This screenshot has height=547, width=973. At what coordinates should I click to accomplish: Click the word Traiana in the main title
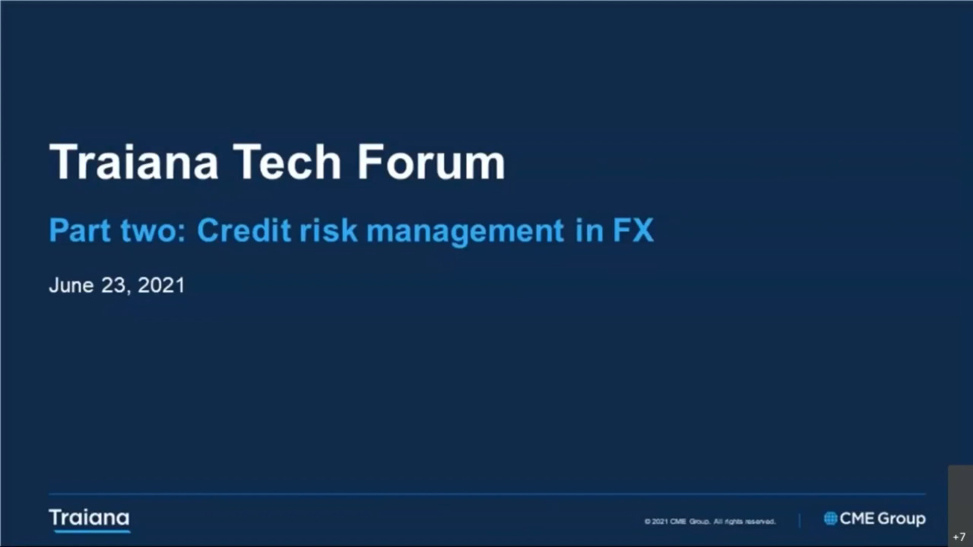(x=134, y=162)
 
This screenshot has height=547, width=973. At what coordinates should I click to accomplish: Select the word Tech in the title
(x=287, y=162)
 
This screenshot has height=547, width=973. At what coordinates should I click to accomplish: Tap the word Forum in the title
(x=431, y=162)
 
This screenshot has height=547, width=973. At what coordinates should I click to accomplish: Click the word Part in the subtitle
(x=80, y=230)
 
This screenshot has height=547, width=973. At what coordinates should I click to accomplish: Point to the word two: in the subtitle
(x=154, y=230)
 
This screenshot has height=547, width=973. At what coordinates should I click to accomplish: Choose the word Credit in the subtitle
(x=244, y=230)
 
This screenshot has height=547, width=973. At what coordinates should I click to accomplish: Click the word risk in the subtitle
(x=328, y=230)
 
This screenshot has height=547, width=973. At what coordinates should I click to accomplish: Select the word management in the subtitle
(x=465, y=232)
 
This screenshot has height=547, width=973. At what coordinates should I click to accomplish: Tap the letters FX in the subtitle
(x=633, y=230)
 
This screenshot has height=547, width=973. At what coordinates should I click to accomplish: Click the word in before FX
(x=589, y=230)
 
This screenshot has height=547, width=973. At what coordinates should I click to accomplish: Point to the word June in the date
(x=71, y=285)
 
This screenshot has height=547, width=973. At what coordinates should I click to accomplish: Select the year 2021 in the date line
(x=161, y=285)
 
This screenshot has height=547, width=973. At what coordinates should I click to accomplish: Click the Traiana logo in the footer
(x=89, y=520)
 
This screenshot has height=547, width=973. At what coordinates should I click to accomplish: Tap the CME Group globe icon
(x=831, y=518)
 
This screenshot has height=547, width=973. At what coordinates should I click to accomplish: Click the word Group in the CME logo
(x=902, y=519)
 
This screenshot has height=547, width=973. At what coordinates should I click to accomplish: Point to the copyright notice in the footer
(x=710, y=521)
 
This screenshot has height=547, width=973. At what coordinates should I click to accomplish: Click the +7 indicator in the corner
(x=959, y=537)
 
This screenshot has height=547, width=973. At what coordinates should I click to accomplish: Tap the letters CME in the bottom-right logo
(x=857, y=518)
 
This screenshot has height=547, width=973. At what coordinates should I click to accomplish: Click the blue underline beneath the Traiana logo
(x=92, y=531)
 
